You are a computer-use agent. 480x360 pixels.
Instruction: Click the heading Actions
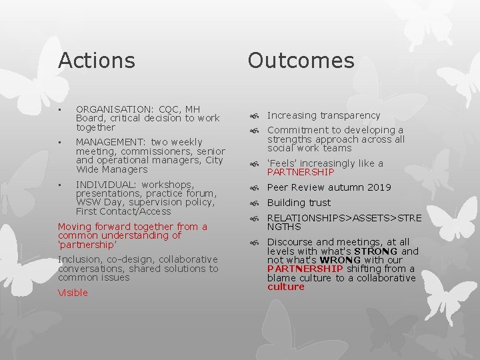tap(96, 61)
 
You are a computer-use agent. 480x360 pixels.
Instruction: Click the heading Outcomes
tap(301, 61)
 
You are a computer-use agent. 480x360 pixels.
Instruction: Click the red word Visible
tap(73, 293)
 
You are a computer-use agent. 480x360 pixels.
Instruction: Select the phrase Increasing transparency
tap(323, 115)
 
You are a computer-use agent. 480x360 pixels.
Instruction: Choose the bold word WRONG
tap(344, 261)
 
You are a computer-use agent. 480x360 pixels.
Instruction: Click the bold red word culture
tap(285, 287)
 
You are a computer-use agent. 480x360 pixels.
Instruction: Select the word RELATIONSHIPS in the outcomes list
tap(307, 217)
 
